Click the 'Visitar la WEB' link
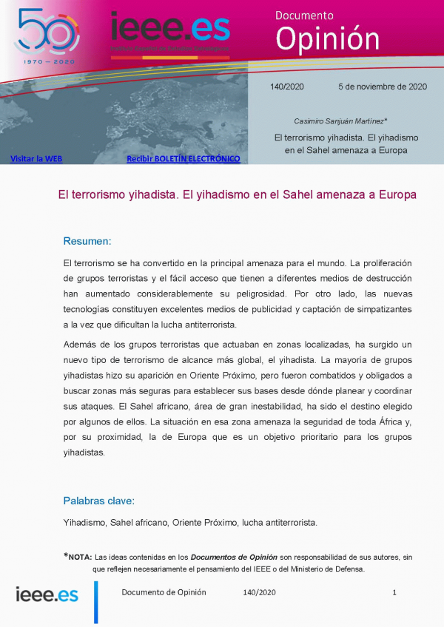[x=36, y=158]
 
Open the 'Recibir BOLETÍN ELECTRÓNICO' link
[x=183, y=158]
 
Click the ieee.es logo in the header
[x=169, y=30]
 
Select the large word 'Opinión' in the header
[x=327, y=38]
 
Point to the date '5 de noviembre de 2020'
[x=383, y=87]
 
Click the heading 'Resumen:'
[x=87, y=241]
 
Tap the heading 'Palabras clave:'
[x=99, y=501]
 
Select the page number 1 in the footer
[x=394, y=592]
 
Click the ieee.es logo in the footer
[x=47, y=594]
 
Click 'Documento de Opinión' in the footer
[x=164, y=592]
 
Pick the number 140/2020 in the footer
[x=259, y=592]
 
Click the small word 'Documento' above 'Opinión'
[x=304, y=15]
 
